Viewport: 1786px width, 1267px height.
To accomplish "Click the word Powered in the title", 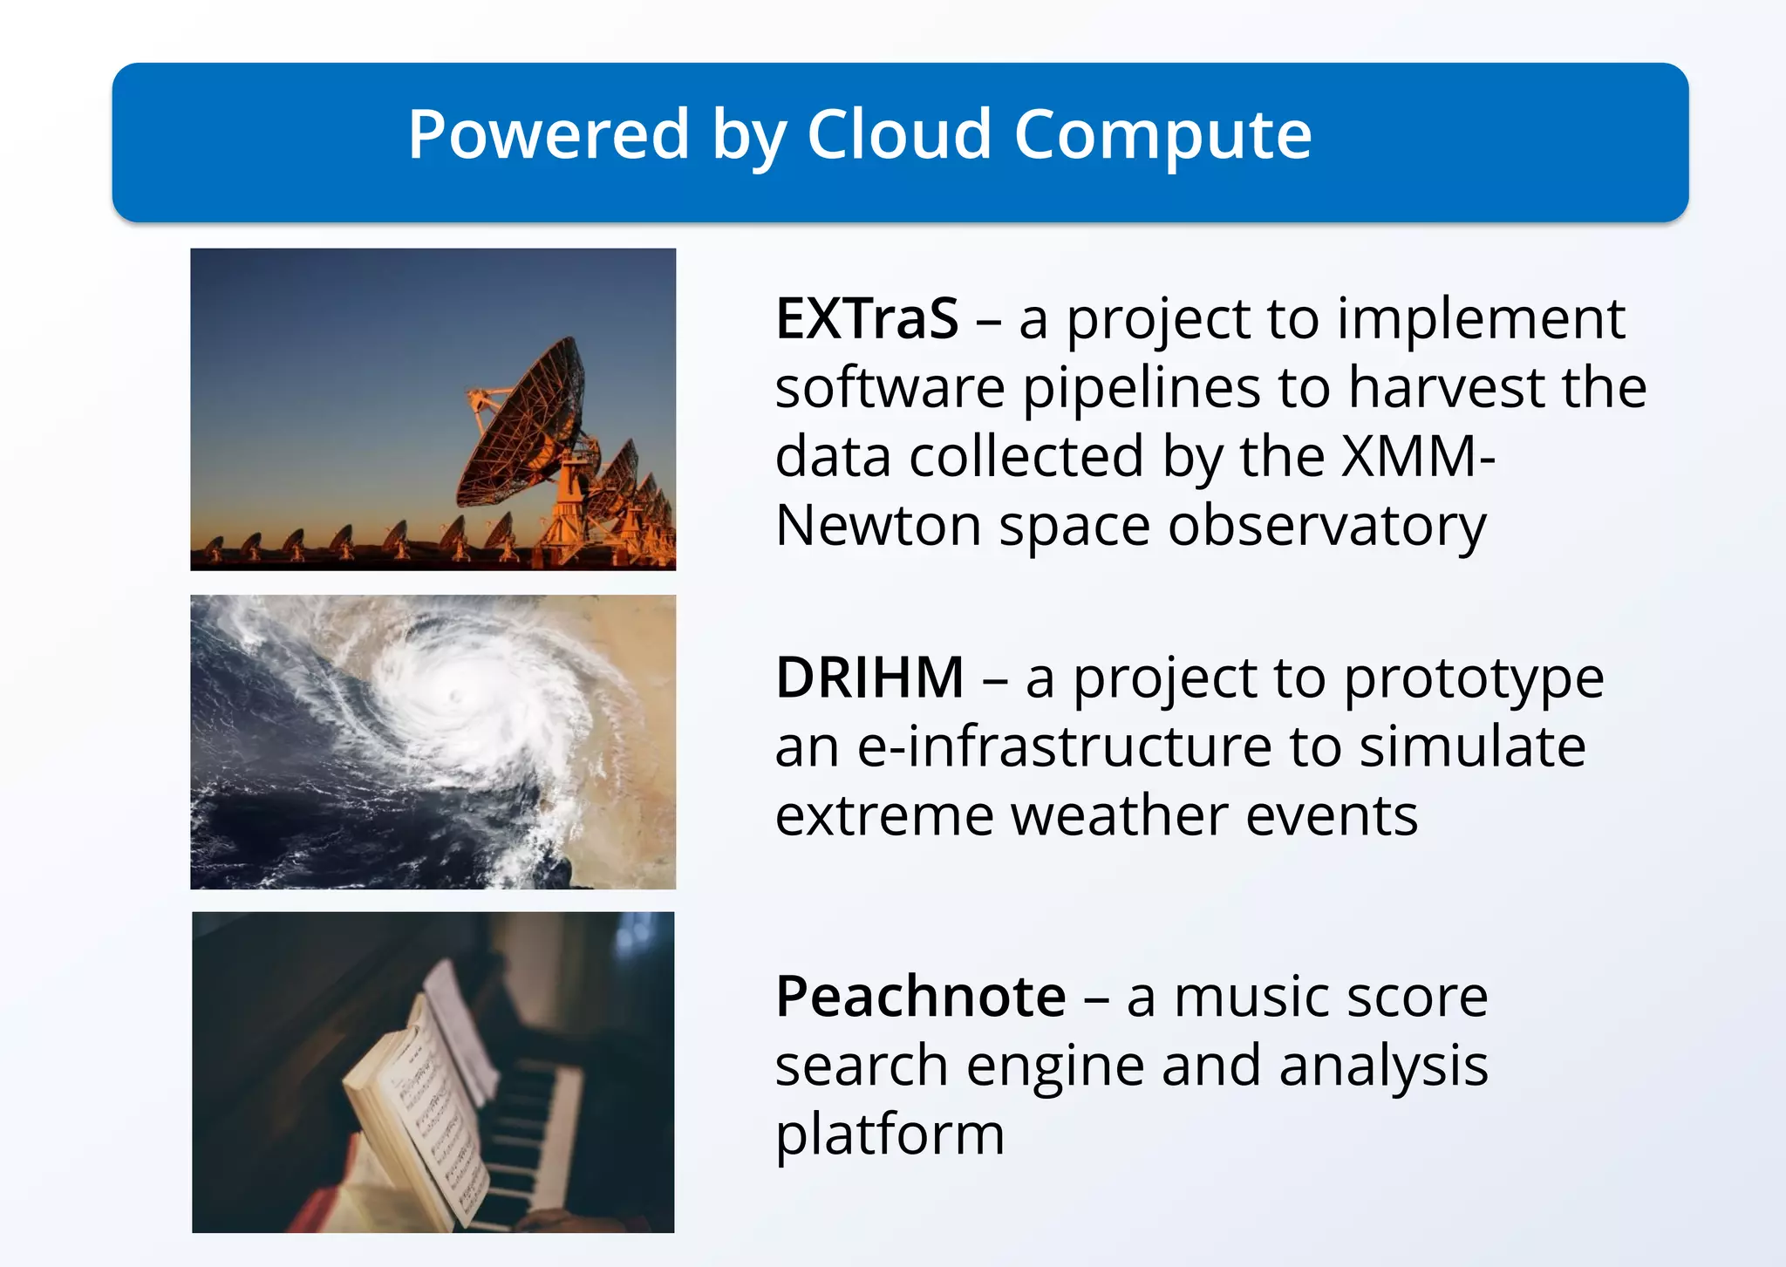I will click(549, 135).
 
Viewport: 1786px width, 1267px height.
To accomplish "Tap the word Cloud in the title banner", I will click(898, 135).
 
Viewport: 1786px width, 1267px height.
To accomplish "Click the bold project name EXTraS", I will click(867, 319).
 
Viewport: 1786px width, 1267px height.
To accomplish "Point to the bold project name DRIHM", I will click(869, 678).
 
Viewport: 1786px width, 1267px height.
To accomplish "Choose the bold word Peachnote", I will click(920, 997).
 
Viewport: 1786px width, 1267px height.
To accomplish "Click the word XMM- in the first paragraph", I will click(1418, 456).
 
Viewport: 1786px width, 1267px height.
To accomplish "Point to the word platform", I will click(890, 1134).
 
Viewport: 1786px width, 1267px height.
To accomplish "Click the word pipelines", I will click(1142, 388).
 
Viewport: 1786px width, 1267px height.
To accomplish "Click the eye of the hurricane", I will click(454, 696).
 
